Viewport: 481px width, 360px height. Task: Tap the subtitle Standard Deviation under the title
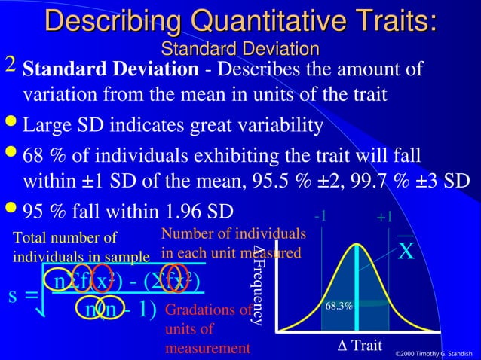coord(240,50)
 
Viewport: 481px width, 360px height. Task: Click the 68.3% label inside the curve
coord(339,307)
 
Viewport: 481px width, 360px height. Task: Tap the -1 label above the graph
coord(321,215)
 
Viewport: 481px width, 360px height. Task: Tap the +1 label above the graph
coord(384,217)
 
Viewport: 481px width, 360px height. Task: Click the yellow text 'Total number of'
coord(66,239)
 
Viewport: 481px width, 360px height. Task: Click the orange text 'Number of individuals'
coord(233,234)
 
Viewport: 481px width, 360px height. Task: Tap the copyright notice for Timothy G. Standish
coord(437,352)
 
